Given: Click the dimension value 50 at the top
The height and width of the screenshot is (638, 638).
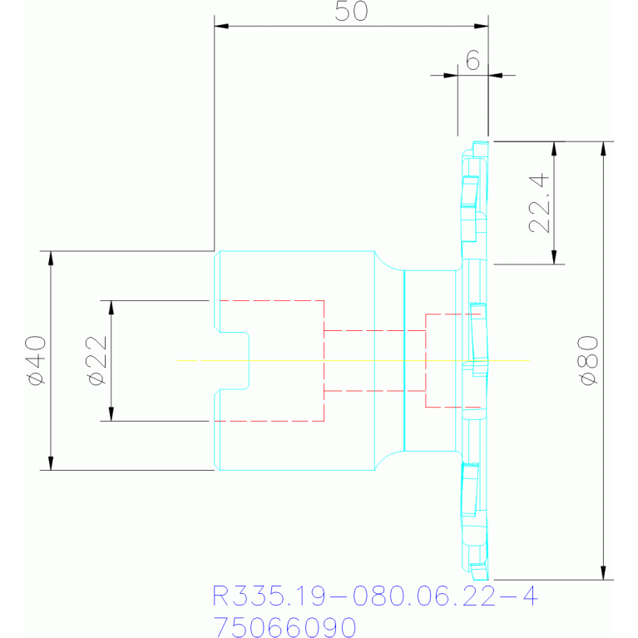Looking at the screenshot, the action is [351, 11].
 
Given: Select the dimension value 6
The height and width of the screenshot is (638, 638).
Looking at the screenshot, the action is [472, 60].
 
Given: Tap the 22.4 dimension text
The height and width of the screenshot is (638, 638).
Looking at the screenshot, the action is [539, 203].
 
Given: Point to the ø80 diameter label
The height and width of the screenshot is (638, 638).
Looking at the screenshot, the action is [588, 360].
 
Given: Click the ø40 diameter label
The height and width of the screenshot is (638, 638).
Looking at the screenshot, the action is [36, 360].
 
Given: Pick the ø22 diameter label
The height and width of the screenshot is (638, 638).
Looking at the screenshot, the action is [96, 360].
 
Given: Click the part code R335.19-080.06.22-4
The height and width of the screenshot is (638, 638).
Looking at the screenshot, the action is [375, 596].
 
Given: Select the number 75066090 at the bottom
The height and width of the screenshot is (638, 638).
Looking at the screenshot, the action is [284, 626].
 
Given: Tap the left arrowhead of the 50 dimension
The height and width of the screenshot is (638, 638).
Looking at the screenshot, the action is [221, 26].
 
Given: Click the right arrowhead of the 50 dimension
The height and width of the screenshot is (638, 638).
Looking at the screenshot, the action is [482, 26].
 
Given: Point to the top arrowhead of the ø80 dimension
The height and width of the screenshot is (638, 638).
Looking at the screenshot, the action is [603, 149].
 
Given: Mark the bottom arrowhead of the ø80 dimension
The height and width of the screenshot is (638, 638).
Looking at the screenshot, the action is [603, 573].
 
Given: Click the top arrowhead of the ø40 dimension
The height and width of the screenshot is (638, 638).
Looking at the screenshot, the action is [51, 258].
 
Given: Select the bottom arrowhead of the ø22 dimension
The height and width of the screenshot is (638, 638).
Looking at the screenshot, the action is [111, 413].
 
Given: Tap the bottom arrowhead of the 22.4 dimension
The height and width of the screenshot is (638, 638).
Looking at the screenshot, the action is [554, 257].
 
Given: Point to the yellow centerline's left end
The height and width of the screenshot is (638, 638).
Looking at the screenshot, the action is [177, 360].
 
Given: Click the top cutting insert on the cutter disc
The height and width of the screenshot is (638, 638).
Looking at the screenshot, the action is [469, 190].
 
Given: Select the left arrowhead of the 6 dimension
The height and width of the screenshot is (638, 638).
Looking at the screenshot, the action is [451, 75].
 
